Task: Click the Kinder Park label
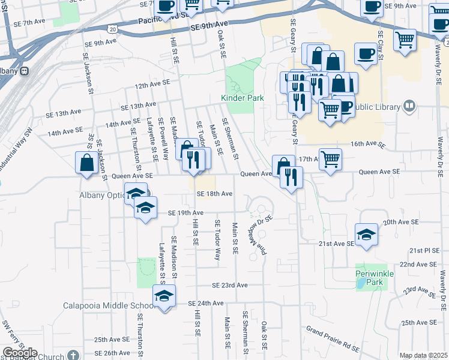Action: point(243,97)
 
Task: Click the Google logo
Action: point(20,353)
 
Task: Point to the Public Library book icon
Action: point(409,107)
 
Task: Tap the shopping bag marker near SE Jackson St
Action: point(87,163)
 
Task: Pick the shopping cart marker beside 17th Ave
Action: point(330,159)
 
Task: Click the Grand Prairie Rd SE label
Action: point(333,339)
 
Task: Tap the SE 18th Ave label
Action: point(214,194)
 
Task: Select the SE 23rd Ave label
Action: point(229,285)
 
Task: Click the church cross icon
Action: point(73,355)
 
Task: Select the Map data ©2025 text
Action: point(423,356)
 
